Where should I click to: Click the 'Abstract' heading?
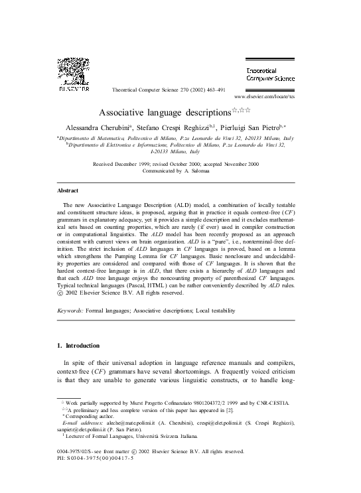pyautogui.click(x=70, y=190)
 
